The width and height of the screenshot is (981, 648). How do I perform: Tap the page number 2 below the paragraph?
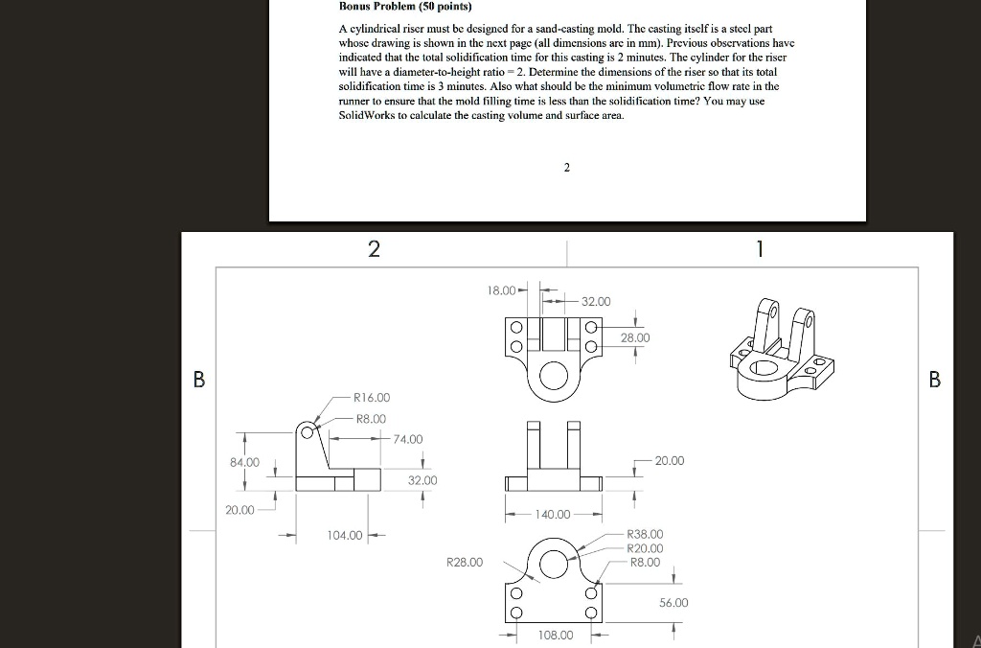[566, 168]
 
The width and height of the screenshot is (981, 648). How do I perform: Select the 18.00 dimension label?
[501, 289]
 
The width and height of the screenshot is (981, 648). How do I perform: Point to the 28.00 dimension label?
[634, 338]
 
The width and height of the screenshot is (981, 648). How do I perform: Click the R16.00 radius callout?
[371, 397]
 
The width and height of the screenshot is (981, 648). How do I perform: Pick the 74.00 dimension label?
[407, 439]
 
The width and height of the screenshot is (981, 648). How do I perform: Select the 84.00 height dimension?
[244, 462]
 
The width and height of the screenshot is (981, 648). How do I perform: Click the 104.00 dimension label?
[345, 534]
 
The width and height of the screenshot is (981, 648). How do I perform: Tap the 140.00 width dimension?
[553, 515]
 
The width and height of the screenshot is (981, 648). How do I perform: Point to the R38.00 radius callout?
[644, 534]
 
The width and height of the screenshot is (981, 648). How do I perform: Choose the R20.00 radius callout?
[644, 548]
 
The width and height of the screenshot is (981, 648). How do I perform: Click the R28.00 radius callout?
[465, 562]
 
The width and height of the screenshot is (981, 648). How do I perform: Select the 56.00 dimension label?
[673, 603]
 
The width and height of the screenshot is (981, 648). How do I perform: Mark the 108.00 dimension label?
[556, 636]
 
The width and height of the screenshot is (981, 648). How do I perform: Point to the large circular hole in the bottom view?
[554, 563]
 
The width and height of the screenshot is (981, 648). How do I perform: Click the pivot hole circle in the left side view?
[308, 432]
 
